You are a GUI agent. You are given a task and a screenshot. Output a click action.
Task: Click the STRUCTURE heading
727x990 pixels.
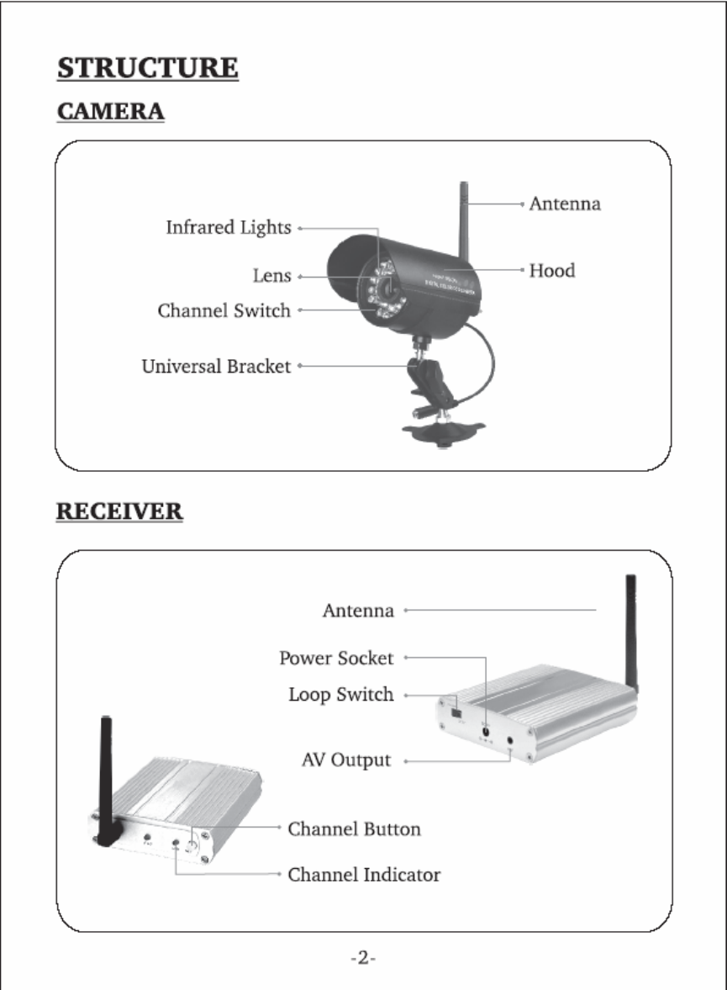click(147, 67)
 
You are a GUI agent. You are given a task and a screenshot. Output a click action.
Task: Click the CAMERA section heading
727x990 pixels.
click(110, 111)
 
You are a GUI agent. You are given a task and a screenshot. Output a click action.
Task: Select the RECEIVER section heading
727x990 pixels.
click(119, 511)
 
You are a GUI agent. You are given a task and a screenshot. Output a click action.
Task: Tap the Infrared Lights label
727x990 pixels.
click(229, 228)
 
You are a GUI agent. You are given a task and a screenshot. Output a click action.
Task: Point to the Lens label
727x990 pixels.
click(272, 276)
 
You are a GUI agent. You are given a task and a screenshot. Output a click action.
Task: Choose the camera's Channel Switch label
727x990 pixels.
click(224, 311)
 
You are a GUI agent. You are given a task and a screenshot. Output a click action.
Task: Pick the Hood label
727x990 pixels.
click(551, 271)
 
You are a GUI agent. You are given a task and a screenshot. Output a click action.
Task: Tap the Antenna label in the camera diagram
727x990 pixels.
click(564, 204)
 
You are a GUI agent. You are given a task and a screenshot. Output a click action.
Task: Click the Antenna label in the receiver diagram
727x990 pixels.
click(358, 611)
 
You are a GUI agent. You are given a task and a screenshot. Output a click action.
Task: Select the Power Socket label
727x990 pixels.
click(336, 658)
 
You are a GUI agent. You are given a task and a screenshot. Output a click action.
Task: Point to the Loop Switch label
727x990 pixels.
click(341, 696)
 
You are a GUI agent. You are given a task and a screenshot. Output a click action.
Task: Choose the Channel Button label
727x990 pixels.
click(354, 829)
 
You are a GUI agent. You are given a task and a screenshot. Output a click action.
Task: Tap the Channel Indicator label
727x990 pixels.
click(364, 875)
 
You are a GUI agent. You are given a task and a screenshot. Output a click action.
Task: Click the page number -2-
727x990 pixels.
click(363, 959)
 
